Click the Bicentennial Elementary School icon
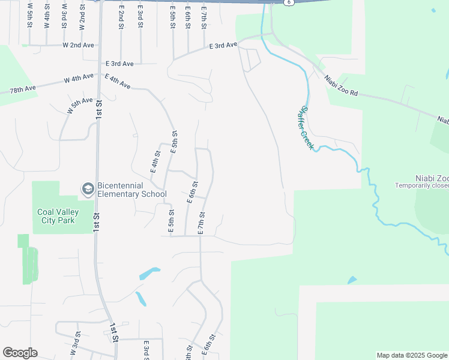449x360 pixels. [88, 189]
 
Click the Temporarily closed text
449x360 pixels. [421, 185]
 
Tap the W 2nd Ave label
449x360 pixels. [79, 45]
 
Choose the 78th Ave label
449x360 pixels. [23, 89]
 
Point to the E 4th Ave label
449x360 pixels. [118, 82]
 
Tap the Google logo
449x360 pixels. [20, 353]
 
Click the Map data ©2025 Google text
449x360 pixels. [411, 355]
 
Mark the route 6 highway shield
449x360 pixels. [289, 2]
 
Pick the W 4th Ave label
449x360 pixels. [80, 79]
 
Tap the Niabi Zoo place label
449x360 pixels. [431, 178]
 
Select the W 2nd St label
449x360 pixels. [82, 18]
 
